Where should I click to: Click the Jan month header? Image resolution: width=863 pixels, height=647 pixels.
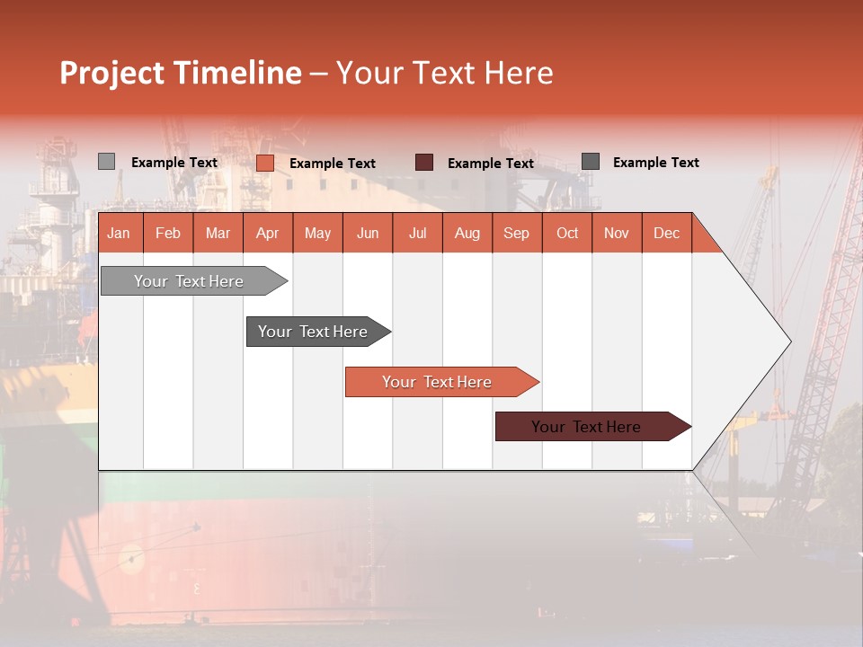[x=119, y=234]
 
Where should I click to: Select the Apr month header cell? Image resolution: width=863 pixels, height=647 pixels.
[x=267, y=234]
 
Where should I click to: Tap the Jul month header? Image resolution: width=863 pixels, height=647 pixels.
[x=417, y=234]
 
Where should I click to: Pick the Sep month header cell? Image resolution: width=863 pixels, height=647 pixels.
[x=516, y=234]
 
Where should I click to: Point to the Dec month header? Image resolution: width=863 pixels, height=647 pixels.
[x=666, y=234]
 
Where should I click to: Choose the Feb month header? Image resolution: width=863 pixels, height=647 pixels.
[x=168, y=234]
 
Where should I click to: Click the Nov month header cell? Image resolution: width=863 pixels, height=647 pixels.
[x=617, y=234]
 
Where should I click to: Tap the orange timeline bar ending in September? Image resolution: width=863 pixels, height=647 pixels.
[x=438, y=382]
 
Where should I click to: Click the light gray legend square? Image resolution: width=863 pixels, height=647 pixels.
[x=106, y=162]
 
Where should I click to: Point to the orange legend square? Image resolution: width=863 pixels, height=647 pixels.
[x=264, y=163]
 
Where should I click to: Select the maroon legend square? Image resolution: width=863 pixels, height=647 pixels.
[x=423, y=163]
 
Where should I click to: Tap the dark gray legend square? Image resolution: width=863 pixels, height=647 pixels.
[x=590, y=162]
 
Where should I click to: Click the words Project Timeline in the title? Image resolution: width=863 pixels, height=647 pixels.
[x=180, y=73]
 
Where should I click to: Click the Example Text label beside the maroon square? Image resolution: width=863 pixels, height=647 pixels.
[x=490, y=164]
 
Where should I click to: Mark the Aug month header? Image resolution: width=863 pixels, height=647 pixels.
[x=467, y=234]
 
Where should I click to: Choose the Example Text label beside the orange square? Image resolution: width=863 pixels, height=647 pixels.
[x=332, y=164]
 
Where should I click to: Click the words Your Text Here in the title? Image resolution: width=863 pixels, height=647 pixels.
[x=444, y=73]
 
